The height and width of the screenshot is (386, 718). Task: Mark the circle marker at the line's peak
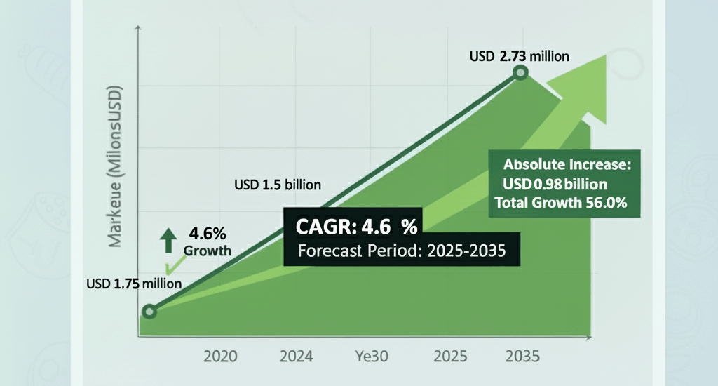(520, 73)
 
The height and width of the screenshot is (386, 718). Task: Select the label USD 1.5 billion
(277, 186)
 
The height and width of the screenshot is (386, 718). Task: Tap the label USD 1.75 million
(134, 284)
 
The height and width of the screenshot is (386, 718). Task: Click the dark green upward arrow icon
(168, 240)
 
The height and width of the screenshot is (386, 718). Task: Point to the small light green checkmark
(168, 266)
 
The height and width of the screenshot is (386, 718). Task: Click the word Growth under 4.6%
(207, 251)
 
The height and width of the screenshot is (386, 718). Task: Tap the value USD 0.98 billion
(554, 185)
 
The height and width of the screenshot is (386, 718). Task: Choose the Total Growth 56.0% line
(560, 203)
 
